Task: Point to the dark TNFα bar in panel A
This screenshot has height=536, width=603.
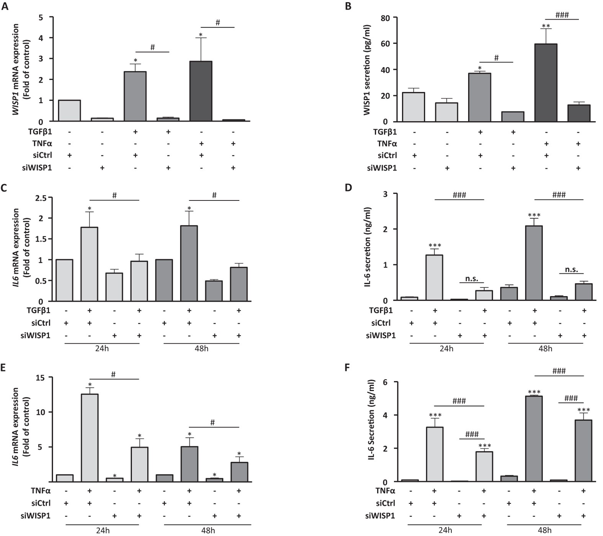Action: pos(201,91)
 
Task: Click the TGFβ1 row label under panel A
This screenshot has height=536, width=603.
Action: pos(39,132)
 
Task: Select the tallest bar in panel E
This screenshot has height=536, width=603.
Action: pos(90,438)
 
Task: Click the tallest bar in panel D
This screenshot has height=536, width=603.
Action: pos(534,263)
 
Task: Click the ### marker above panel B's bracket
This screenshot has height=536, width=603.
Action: pos(562,15)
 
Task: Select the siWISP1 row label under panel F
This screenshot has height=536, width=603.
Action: pos(381,516)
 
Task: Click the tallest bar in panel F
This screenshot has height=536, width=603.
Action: pos(534,439)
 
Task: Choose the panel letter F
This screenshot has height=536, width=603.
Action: pos(348,368)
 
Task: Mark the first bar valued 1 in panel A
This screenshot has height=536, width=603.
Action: pos(69,111)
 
